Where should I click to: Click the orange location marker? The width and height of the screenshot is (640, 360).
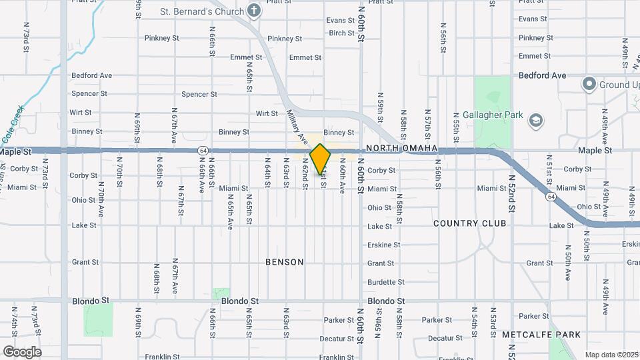coord(321,159)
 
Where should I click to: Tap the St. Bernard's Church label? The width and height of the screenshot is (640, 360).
coord(201,11)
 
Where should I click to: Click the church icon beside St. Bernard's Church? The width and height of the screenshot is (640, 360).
coord(253,11)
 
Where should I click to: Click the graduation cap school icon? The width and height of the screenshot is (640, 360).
coord(535,120)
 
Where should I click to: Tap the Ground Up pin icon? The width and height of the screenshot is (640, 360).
coord(589,85)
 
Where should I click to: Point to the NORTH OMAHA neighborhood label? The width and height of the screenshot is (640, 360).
coord(401,148)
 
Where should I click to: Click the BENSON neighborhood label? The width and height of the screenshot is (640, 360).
coord(285,262)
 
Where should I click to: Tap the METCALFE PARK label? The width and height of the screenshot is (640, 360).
coord(541,334)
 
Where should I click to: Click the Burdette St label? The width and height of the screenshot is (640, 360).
coord(386,282)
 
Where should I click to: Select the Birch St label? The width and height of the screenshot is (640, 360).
coord(341,33)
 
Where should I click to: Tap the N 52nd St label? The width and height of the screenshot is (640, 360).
coord(512,193)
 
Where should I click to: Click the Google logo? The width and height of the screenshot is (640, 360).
coord(22,352)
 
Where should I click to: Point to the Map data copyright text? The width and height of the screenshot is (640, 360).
coord(611,355)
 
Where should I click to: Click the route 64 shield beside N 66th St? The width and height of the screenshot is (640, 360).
coord(201,151)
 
